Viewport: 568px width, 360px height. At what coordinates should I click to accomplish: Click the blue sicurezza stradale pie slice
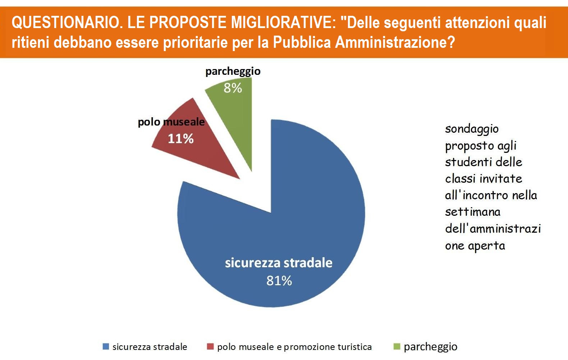[292, 228]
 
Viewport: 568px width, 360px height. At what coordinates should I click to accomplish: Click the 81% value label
[279, 281]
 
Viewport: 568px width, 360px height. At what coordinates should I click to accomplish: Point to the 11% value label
[181, 139]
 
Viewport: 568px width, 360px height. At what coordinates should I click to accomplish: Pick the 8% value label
[233, 88]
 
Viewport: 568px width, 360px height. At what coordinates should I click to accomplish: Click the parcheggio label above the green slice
[233, 72]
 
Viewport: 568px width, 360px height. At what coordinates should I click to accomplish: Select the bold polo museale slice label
[171, 122]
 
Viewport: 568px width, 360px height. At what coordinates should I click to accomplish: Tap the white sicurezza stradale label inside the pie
[279, 263]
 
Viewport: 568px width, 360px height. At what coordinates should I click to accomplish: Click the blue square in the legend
[106, 346]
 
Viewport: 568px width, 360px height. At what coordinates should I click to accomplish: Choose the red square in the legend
[210, 346]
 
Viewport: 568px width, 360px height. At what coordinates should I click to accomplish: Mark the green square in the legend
[397, 346]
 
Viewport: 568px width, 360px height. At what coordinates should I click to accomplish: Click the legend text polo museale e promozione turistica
[294, 347]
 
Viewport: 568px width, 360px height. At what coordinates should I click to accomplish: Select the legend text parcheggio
[431, 347]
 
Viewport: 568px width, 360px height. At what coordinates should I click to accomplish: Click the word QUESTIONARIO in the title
[66, 22]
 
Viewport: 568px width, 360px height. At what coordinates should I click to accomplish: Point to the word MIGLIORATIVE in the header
[284, 22]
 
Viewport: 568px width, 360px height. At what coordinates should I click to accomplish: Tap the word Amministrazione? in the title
[395, 42]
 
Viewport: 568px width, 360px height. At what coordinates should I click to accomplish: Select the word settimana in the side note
[473, 212]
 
